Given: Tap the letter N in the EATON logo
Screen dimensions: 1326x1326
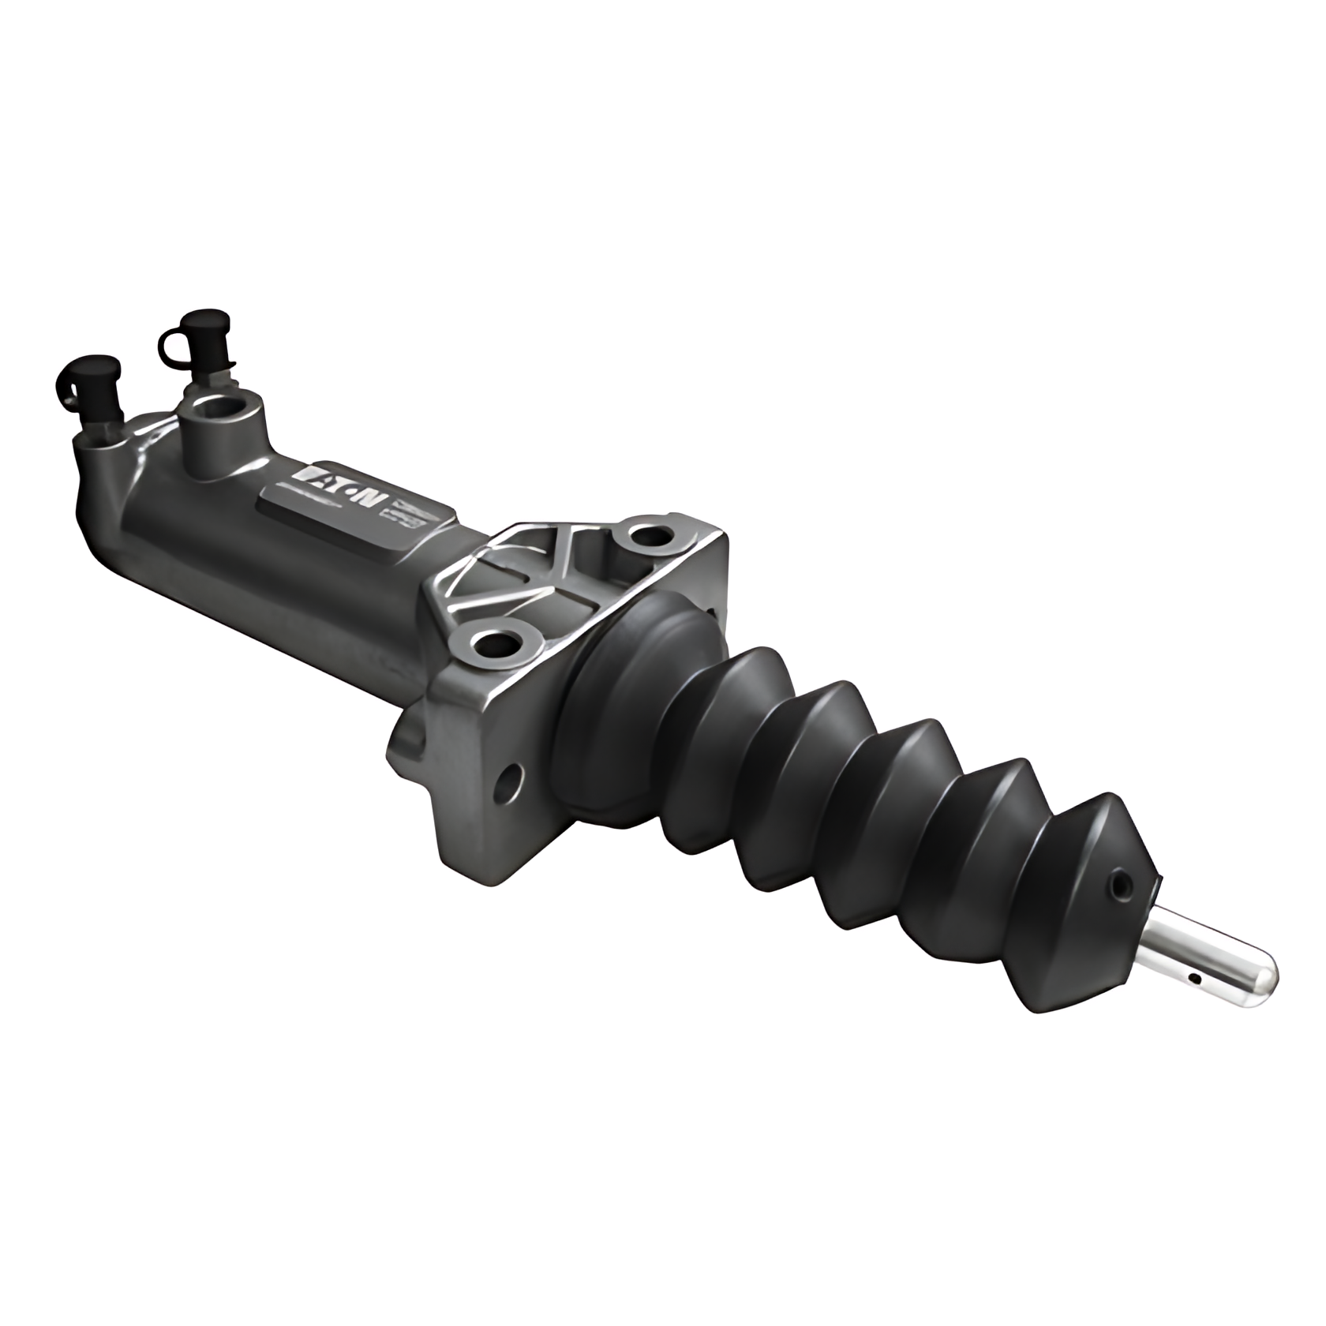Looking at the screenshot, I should pyautogui.click(x=372, y=499).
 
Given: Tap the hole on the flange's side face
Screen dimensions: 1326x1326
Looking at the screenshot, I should pyautogui.click(x=510, y=782).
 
